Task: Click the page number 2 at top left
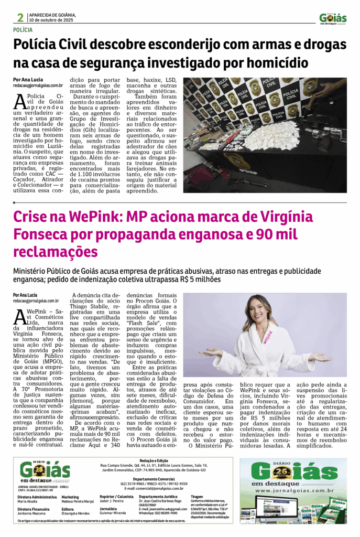pyautogui.click(x=20, y=17)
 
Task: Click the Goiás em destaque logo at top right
pyautogui.click(x=333, y=18)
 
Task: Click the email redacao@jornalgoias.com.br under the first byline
pyautogui.click(x=38, y=85)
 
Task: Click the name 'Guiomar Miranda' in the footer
pyautogui.click(x=114, y=512)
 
